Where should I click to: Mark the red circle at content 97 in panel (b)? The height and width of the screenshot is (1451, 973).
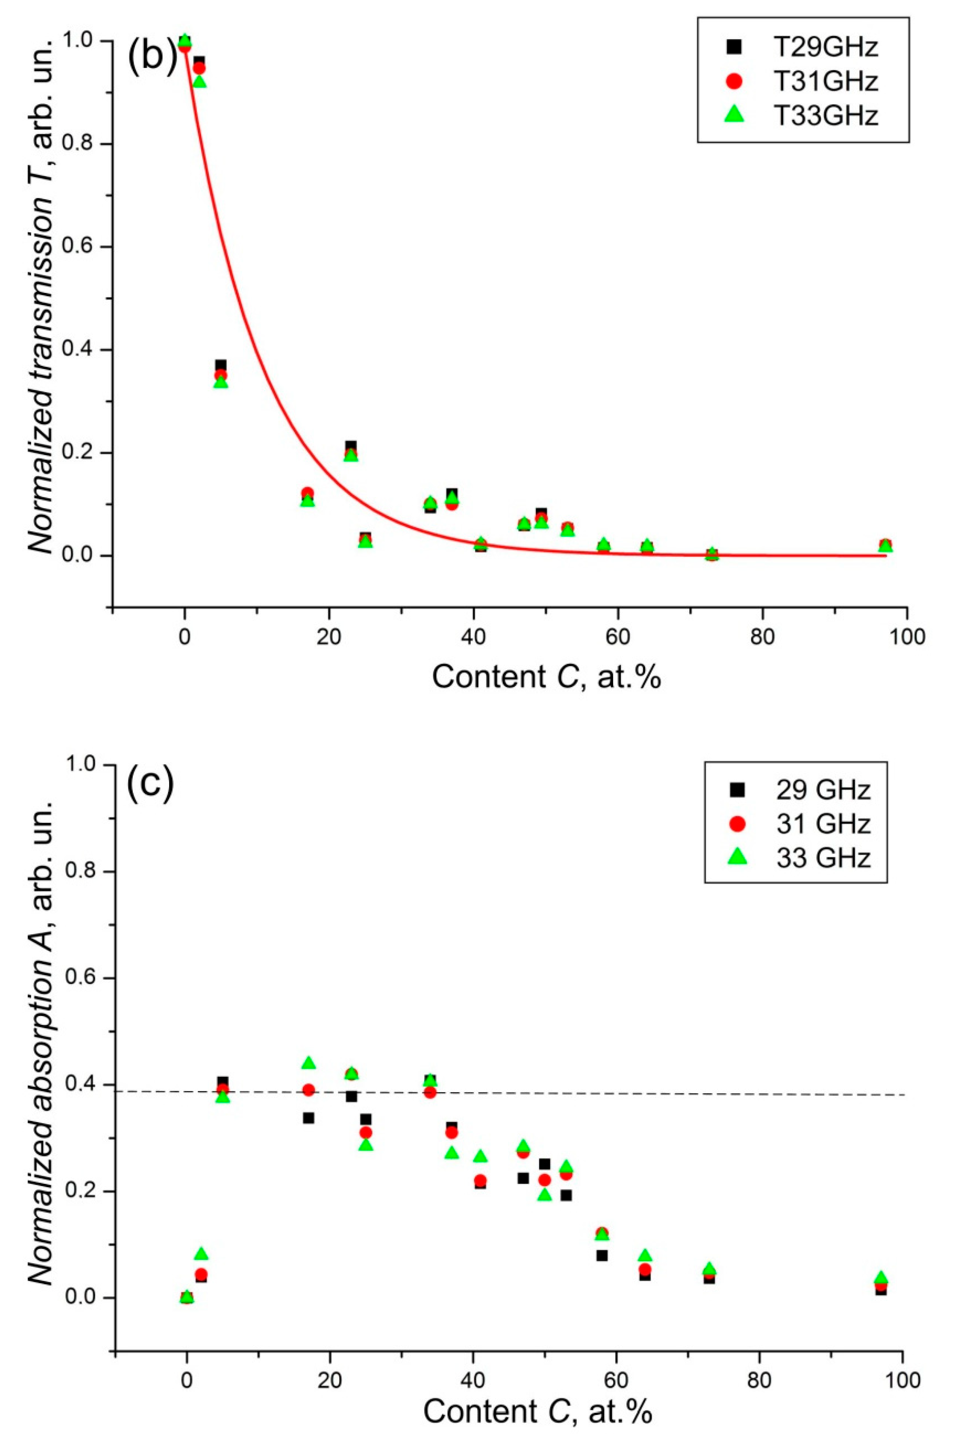pyautogui.click(x=886, y=544)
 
